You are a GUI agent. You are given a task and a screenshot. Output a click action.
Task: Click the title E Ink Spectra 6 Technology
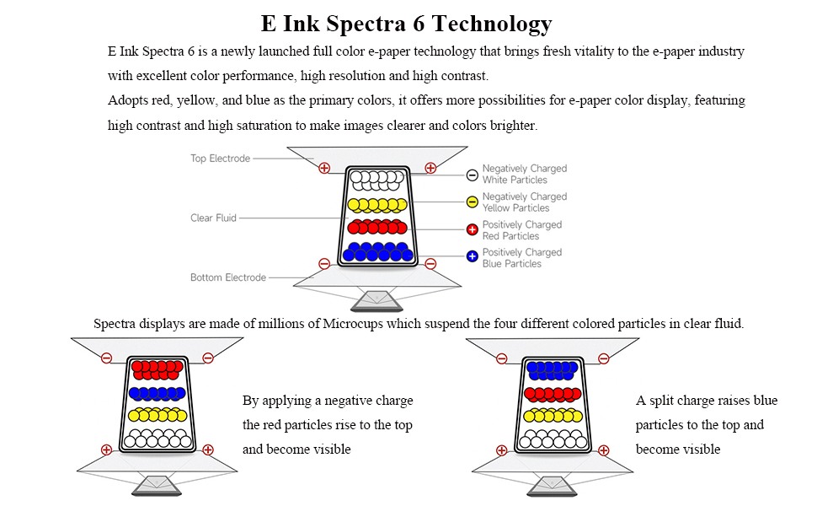(407, 23)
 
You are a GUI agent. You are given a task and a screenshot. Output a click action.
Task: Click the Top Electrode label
(220, 159)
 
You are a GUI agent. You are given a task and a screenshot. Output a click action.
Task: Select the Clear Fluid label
(213, 218)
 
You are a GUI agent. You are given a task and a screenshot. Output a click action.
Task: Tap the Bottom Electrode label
(227, 277)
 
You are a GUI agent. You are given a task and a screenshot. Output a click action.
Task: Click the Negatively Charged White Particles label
(524, 174)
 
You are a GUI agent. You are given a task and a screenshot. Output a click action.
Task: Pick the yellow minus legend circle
(473, 202)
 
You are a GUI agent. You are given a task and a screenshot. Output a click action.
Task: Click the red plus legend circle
(473, 229)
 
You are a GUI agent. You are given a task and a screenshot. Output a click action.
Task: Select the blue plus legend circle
(473, 256)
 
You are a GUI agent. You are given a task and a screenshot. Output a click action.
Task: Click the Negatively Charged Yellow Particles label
(524, 202)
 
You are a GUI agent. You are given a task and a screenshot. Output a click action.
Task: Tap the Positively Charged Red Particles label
(522, 230)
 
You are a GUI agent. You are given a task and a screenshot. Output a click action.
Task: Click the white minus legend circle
(473, 175)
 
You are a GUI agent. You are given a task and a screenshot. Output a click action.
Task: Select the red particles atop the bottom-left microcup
(156, 369)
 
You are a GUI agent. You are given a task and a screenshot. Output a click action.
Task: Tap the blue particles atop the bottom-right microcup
(552, 369)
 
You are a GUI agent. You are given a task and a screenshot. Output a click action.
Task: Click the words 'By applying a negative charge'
(328, 401)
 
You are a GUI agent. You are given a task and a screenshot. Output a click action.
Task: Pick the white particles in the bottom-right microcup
(552, 439)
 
